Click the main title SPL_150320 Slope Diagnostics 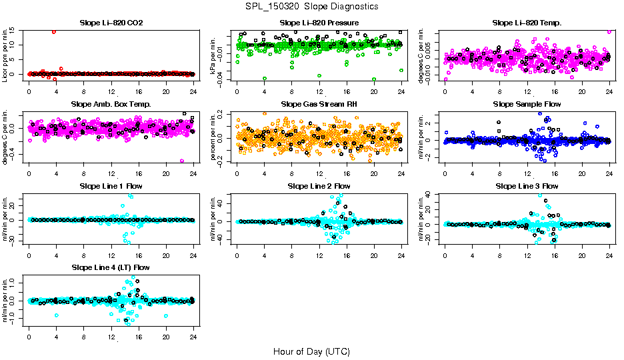pos(311,7)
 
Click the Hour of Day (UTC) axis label pos(311,351)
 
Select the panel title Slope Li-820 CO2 pos(111,23)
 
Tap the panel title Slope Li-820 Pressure pos(319,23)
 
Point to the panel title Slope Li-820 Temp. pos(527,23)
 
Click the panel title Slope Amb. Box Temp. pos(111,104)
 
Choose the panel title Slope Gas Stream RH pos(319,104)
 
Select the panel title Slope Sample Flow pos(527,104)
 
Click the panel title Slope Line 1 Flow pos(111,186)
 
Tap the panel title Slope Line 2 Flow pos(319,186)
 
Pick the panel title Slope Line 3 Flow pos(527,186)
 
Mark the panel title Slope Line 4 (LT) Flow pos(111,267)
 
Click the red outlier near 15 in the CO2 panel pos(53,31)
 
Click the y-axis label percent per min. pos(213,137)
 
